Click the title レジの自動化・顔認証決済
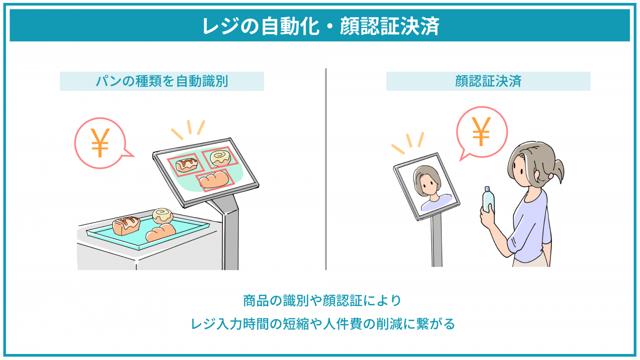click(320, 26)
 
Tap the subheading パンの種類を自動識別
click(161, 81)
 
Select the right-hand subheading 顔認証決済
click(488, 81)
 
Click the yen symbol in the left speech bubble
click(100, 142)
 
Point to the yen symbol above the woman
click(481, 131)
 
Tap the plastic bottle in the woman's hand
click(488, 200)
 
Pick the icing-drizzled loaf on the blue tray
click(126, 225)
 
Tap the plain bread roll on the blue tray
click(160, 232)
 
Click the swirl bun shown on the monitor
click(220, 158)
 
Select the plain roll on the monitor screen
click(214, 180)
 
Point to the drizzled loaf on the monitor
click(187, 165)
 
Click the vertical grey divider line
click(326, 169)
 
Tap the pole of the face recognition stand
click(436, 241)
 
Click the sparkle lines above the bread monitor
click(189, 129)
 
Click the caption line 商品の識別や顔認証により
click(322, 300)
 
